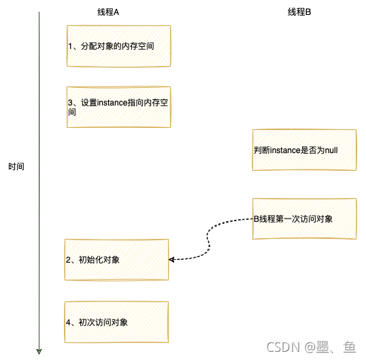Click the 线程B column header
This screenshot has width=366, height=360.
299,13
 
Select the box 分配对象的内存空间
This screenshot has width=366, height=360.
118,46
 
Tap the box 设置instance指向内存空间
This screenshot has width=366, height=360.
118,107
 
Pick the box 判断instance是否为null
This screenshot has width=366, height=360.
304,150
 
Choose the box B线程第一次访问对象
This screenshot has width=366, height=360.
304,218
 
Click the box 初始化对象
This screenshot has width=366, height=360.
116,259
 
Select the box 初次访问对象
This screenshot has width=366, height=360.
116,321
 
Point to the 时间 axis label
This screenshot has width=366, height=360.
16,167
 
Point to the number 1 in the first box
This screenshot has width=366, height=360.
70,46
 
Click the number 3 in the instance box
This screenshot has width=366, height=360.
70,103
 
